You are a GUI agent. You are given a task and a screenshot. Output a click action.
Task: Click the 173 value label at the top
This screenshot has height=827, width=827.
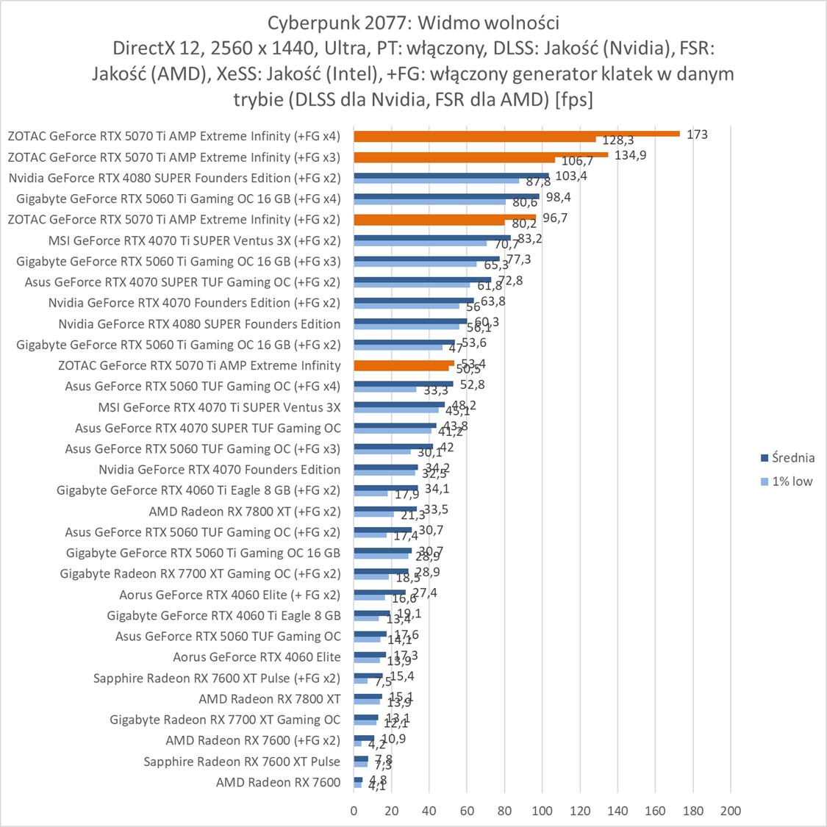697,135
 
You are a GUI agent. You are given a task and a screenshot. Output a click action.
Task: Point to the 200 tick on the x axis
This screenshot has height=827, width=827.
730,811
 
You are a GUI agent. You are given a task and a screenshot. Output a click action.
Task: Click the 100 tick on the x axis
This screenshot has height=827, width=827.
542,811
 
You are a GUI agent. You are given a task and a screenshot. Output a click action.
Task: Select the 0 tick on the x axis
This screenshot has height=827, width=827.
354,811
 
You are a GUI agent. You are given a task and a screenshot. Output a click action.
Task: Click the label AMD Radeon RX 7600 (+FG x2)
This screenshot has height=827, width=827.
253,740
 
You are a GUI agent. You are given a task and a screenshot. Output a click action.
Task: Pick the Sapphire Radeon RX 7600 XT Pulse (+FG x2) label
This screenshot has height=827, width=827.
217,678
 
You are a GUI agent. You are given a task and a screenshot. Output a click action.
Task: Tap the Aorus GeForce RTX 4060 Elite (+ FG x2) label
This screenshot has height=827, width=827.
229,595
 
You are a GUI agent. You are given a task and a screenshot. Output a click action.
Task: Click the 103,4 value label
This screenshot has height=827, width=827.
566,176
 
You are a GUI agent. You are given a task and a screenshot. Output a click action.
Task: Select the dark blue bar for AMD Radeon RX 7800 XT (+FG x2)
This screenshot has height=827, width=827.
385,508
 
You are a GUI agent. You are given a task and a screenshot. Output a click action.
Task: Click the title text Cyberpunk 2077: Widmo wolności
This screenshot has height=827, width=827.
413,20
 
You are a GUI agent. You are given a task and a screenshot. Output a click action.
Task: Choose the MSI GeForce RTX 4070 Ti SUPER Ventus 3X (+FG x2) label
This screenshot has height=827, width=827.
194,240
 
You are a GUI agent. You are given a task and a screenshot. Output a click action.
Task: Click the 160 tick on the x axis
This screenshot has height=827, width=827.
655,811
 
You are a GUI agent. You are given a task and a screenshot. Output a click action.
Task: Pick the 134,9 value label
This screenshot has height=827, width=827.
630,155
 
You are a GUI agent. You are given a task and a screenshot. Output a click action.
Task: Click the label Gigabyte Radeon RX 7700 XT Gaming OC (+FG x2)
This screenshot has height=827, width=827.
200,573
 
